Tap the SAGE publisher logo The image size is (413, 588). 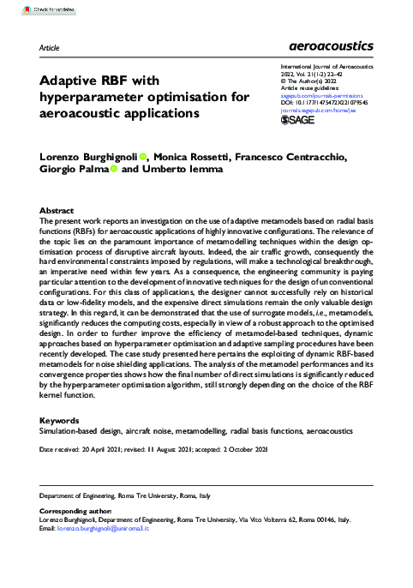[x=300, y=121]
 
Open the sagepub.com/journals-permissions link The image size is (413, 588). [x=315, y=97]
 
